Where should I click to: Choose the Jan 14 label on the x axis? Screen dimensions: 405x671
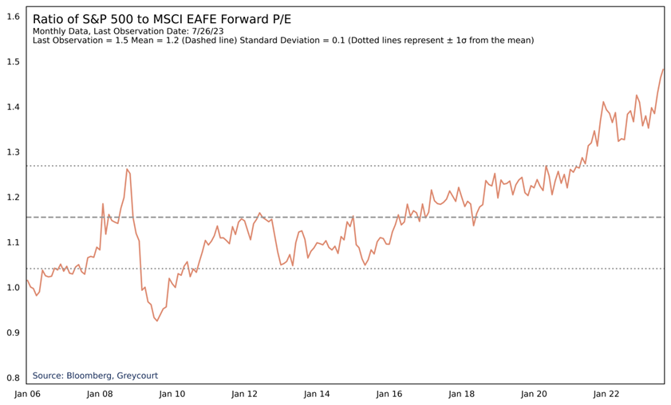click(317, 394)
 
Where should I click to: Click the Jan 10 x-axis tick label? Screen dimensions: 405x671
click(172, 394)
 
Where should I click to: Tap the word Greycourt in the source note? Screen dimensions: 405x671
click(141, 376)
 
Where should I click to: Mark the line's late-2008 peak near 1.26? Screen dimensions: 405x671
click(127, 169)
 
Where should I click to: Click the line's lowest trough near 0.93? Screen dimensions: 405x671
click(157, 320)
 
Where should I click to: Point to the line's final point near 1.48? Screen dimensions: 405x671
click(664, 69)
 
